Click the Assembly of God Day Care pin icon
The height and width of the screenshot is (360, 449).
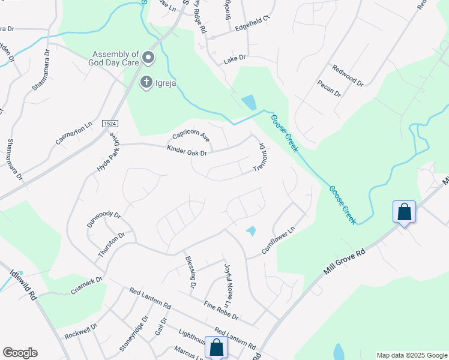[x=148, y=58]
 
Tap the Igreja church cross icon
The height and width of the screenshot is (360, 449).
[x=146, y=82]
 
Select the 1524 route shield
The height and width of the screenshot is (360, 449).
[x=110, y=123]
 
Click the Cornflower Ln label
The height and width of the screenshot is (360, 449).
[x=279, y=239]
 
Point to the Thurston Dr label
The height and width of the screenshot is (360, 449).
[x=112, y=245]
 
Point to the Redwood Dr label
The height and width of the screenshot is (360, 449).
[x=348, y=76]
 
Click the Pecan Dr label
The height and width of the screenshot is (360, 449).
[x=329, y=89]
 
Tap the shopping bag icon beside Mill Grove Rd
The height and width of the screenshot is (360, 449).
[x=404, y=212]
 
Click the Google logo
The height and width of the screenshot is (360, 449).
[x=20, y=353]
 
